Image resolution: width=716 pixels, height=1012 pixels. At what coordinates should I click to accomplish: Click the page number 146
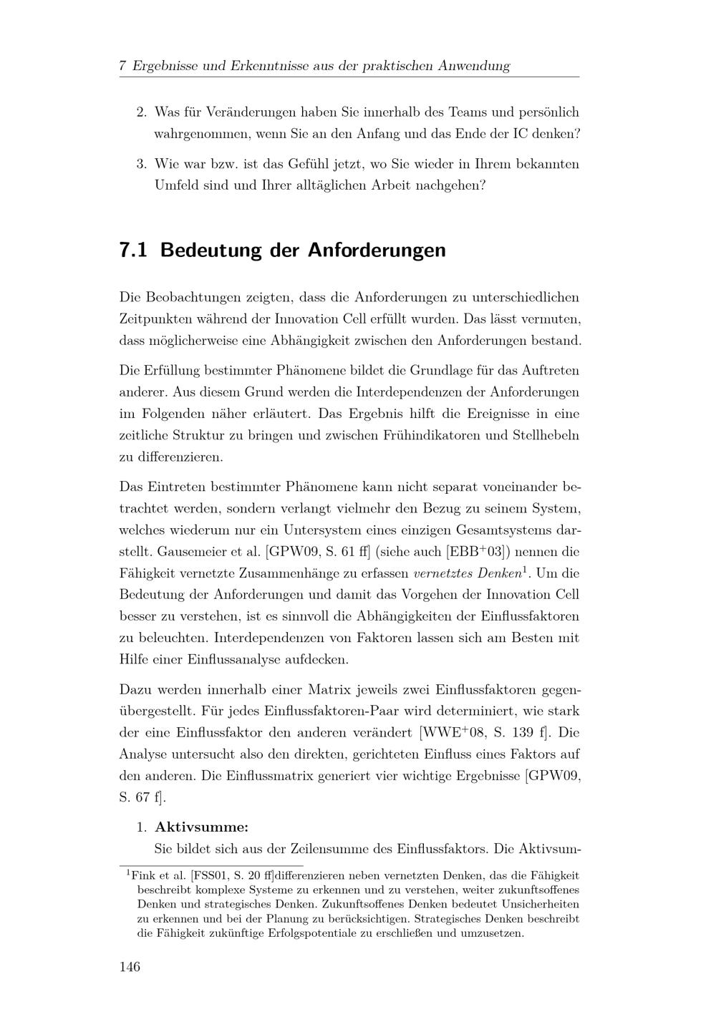tap(130, 967)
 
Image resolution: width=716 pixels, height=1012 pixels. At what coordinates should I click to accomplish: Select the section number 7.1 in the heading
tap(133, 250)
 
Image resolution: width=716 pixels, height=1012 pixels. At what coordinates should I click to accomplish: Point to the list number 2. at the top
tap(141, 112)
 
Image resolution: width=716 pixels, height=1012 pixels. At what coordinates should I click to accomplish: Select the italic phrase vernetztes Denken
tap(468, 573)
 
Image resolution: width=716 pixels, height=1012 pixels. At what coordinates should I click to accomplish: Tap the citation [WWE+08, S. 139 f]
tap(483, 733)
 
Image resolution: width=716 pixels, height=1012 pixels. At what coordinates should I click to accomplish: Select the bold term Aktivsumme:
tap(202, 827)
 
